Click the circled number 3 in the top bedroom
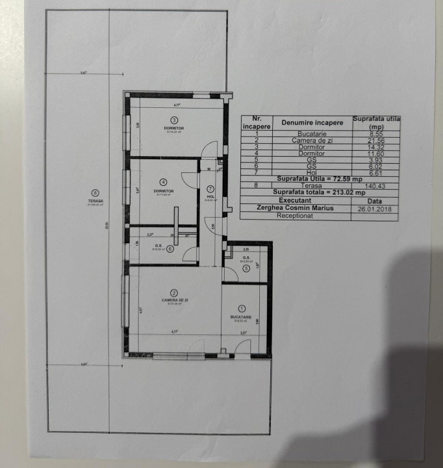[173, 120]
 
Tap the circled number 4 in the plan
[164, 182]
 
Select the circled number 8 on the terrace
[95, 192]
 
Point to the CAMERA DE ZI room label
[175, 300]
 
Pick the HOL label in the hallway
[210, 196]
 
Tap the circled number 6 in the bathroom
[170, 248]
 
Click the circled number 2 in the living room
[174, 292]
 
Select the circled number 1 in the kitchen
[242, 309]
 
